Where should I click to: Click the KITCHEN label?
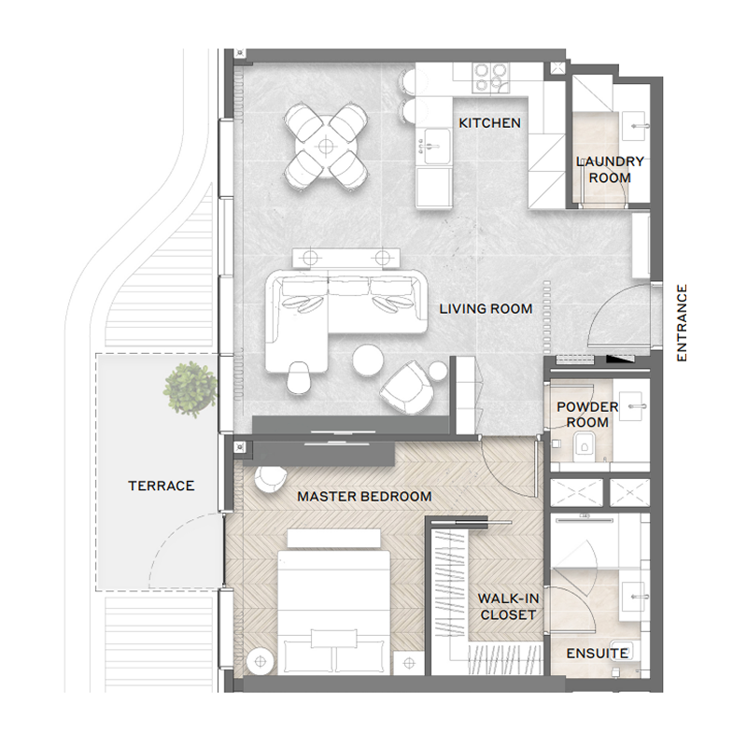pos(488,123)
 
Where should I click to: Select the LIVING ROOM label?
pos(486,309)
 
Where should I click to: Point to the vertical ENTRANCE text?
pos(682,323)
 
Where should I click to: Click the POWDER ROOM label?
pos(587,415)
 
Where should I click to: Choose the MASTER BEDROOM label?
pos(364,497)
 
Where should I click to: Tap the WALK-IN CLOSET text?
pos(507,606)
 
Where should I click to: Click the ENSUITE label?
pos(597,653)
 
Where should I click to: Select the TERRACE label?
pos(162,486)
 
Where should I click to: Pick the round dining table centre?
pos(325,145)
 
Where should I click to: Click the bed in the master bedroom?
pos(332,598)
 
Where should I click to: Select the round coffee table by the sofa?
pos(369,359)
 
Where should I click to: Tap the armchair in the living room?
pos(406,387)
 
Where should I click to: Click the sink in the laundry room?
pos(641,121)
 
